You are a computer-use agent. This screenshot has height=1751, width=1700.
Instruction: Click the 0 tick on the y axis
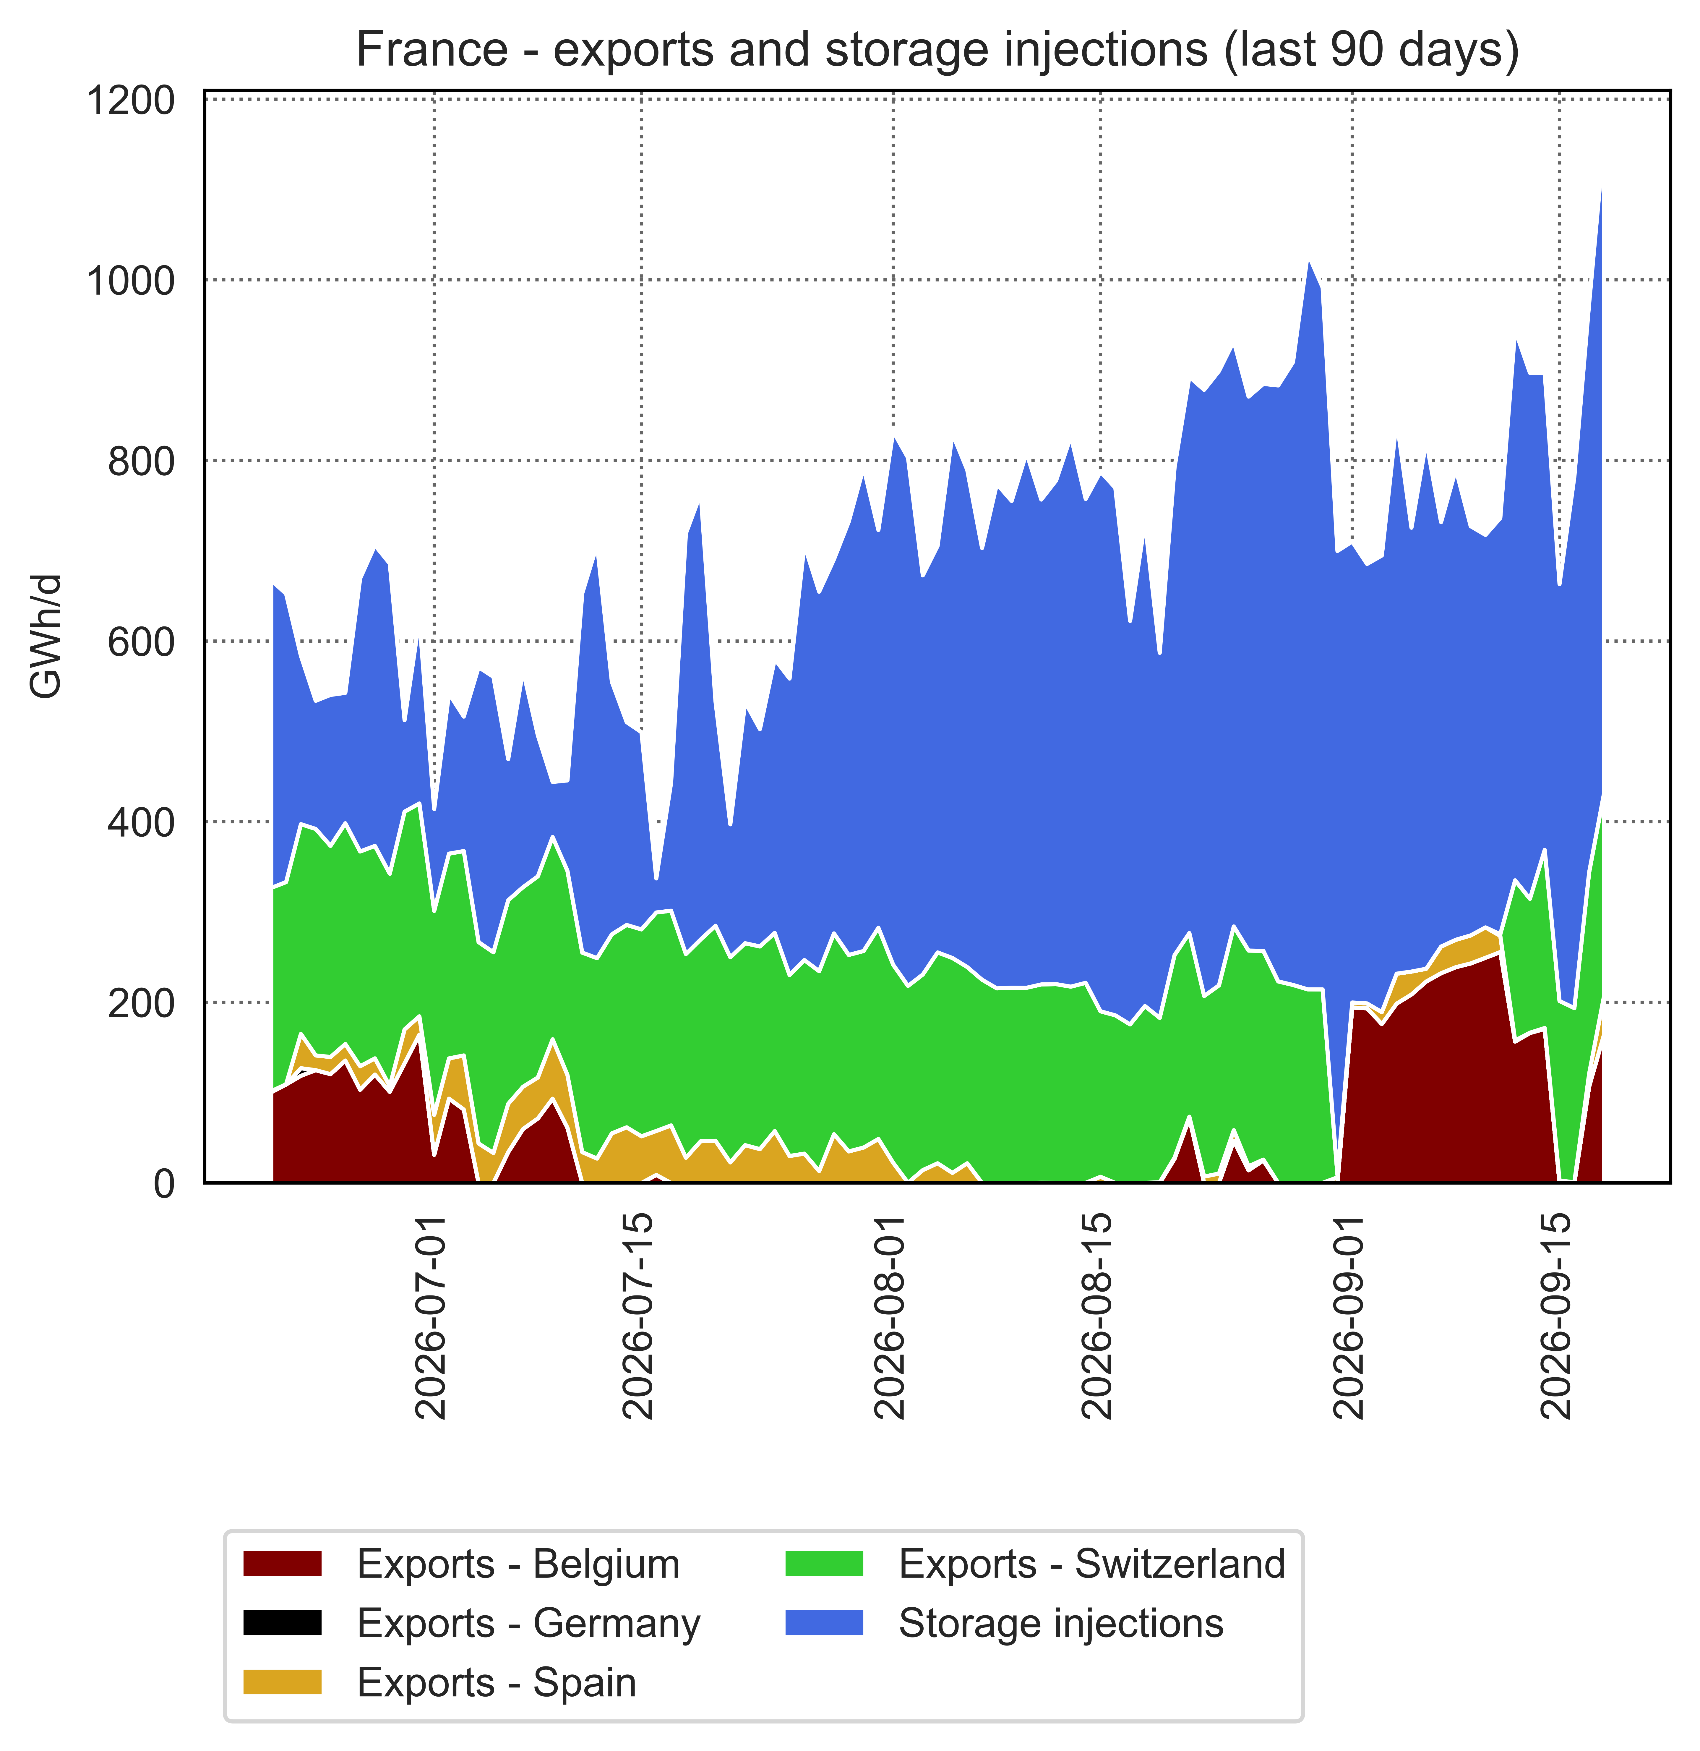coord(164,1184)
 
